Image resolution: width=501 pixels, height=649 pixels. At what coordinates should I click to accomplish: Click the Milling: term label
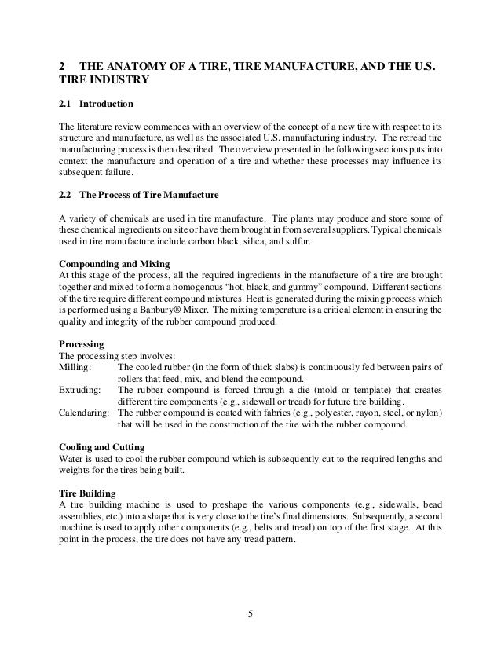coord(75,368)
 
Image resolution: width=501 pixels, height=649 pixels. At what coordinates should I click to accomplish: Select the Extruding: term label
coord(79,390)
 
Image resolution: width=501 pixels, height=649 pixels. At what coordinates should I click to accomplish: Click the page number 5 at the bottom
coord(251,614)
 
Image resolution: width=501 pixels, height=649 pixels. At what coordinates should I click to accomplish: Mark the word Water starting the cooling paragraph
coord(72,458)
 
